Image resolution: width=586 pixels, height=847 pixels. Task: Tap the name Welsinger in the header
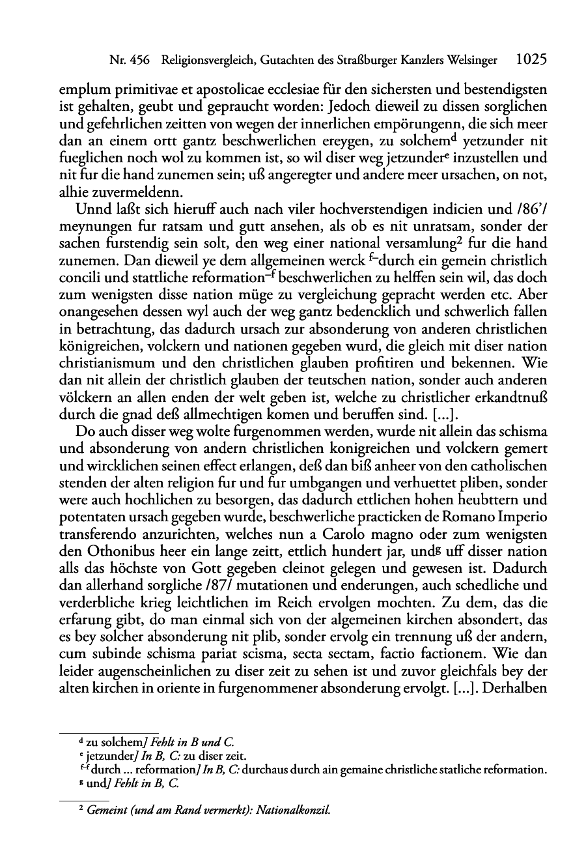coord(470,60)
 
